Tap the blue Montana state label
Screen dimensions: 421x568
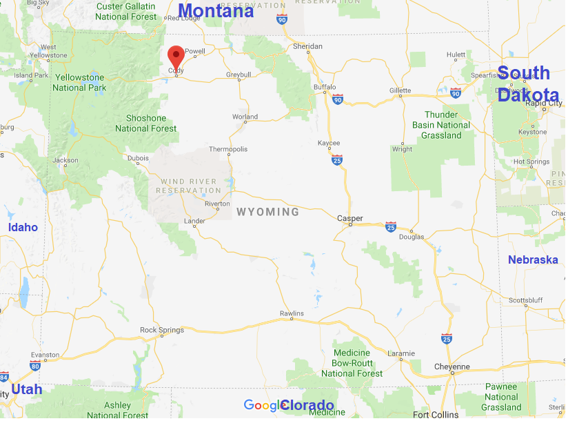pos(216,11)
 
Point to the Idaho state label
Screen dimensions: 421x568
pos(23,227)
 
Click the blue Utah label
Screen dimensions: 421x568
pos(27,389)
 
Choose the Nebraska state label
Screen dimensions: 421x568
pos(533,260)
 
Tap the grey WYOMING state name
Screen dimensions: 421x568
pos(268,212)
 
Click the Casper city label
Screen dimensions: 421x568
pos(350,219)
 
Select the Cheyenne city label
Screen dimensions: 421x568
pos(452,366)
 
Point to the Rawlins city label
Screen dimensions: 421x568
pos(292,314)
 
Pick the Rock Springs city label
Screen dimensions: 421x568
pos(162,330)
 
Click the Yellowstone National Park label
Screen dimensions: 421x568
pos(80,83)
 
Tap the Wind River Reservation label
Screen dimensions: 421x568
pos(188,186)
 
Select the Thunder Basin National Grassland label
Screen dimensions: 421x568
pos(441,125)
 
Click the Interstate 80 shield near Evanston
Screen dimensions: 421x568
pos(35,364)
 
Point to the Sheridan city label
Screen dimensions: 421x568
pos(307,46)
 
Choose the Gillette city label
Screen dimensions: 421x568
pos(400,90)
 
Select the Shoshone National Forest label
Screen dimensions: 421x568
pos(146,123)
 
